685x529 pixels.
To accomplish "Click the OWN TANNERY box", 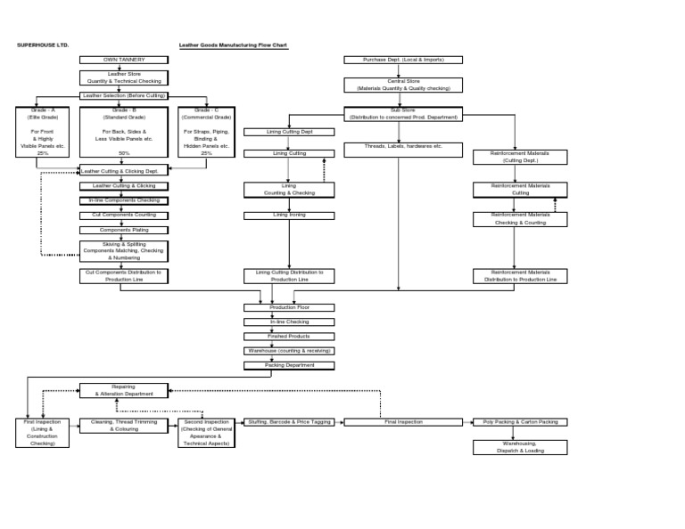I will tap(123, 60).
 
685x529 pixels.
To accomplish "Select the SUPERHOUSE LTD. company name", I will tap(43, 45).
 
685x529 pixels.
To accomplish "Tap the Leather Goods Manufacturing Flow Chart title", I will tap(233, 45).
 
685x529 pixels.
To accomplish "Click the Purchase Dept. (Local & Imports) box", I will tap(403, 60).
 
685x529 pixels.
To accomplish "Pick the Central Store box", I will tap(403, 85).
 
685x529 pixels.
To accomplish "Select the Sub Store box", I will tap(403, 113).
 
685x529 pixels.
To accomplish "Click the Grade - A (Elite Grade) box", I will tap(42, 132).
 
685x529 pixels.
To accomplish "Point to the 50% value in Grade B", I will tap(124, 153).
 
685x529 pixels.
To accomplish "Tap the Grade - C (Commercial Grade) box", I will tap(206, 132).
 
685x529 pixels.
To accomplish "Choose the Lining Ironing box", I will tap(289, 215).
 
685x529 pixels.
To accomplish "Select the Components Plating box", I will tap(123, 230).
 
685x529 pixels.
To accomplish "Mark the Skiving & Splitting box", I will tap(123, 250).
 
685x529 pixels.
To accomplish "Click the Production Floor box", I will tap(289, 307).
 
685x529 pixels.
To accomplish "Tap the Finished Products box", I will tap(289, 336).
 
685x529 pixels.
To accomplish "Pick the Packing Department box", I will tap(289, 365).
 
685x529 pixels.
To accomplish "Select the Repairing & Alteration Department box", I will tap(123, 390).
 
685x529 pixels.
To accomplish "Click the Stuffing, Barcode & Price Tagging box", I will tap(290, 422).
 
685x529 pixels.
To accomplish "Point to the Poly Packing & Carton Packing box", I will tap(520, 422).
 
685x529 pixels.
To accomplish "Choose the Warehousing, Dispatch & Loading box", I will tap(520, 447).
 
